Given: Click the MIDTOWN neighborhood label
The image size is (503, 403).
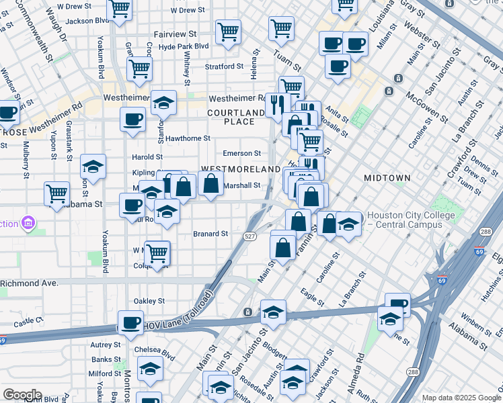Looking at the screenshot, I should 387,178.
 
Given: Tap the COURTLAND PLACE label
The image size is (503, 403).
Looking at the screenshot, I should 235,117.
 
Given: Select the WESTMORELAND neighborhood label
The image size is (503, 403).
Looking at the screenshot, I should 240,169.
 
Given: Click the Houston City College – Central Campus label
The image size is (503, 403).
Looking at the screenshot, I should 412,220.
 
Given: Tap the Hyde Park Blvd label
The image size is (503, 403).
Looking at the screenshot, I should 183,47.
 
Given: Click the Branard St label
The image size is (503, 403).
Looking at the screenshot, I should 211,234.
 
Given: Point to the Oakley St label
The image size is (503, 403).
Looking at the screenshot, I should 150,301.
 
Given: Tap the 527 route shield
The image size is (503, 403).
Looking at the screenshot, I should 250,236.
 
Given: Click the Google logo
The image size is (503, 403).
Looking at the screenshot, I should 22,395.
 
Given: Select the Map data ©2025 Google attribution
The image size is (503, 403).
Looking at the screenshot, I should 461,398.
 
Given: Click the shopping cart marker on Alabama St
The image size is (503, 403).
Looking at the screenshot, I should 57,194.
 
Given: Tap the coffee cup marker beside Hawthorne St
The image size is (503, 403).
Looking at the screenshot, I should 132,120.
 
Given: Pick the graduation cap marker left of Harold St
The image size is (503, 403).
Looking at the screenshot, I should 93,167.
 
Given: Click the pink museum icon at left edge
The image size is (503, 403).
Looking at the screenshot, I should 28,222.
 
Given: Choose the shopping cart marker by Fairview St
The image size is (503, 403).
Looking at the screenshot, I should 228,31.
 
